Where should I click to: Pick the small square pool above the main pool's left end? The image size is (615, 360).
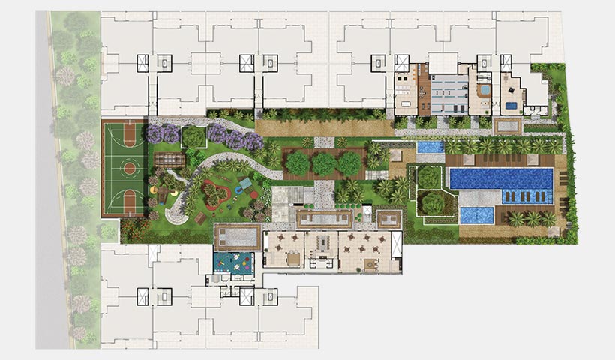430,147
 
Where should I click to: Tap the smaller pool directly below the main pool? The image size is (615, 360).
477,215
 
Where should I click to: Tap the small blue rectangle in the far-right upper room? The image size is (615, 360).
511,106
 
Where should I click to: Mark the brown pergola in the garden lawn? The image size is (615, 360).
169,161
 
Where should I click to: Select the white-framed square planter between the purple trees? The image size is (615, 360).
193,136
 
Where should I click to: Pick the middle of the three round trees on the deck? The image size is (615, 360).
323,163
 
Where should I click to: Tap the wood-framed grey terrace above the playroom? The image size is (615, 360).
236,238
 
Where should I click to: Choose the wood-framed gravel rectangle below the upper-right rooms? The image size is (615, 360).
508,126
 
